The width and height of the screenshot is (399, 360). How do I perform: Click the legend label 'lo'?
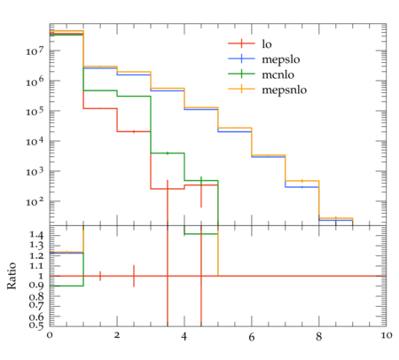click(x=267, y=43)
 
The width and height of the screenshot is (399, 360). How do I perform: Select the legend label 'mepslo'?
click(x=281, y=59)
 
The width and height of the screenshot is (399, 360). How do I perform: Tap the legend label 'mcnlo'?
click(x=278, y=74)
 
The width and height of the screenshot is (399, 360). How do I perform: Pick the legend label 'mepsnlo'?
click(x=285, y=90)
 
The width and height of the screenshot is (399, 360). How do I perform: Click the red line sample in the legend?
click(x=241, y=43)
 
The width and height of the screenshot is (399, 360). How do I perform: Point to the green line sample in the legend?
click(x=241, y=74)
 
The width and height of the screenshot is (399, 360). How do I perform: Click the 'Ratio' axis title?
click(x=12, y=276)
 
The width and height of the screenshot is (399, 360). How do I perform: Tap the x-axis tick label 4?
click(x=184, y=336)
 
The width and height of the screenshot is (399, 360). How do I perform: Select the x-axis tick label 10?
click(x=386, y=335)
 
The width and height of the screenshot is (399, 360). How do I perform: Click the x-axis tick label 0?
click(x=50, y=335)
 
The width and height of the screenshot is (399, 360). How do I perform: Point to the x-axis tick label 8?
click(x=318, y=335)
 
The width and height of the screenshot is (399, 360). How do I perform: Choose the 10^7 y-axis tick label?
click(x=35, y=51)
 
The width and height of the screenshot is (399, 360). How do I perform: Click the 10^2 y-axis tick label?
click(x=35, y=201)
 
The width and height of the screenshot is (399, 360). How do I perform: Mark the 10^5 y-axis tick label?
click(x=35, y=111)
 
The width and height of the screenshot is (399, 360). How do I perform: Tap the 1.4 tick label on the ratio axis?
click(x=36, y=236)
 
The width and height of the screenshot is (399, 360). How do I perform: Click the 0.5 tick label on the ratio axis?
click(x=36, y=325)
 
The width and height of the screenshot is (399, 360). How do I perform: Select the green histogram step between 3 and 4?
click(x=168, y=153)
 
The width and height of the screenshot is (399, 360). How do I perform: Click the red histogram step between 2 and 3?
click(x=134, y=131)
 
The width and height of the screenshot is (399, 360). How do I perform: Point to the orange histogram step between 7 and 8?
click(x=302, y=181)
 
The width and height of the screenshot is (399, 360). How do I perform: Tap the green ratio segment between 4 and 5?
click(x=201, y=234)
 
